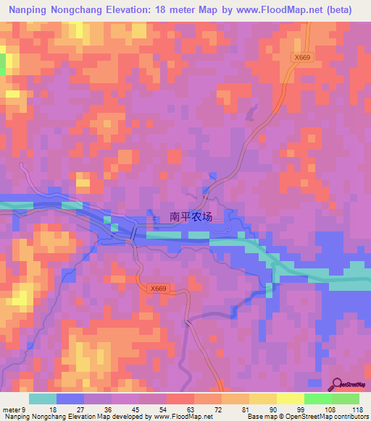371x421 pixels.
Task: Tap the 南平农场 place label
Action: click(x=191, y=216)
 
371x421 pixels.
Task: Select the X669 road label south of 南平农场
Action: click(x=159, y=289)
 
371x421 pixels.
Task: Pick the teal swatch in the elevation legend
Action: click(x=43, y=399)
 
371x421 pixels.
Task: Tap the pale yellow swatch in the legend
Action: click(x=291, y=399)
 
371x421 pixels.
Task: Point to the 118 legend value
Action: click(x=357, y=409)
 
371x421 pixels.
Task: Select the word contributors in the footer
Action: click(x=347, y=417)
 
